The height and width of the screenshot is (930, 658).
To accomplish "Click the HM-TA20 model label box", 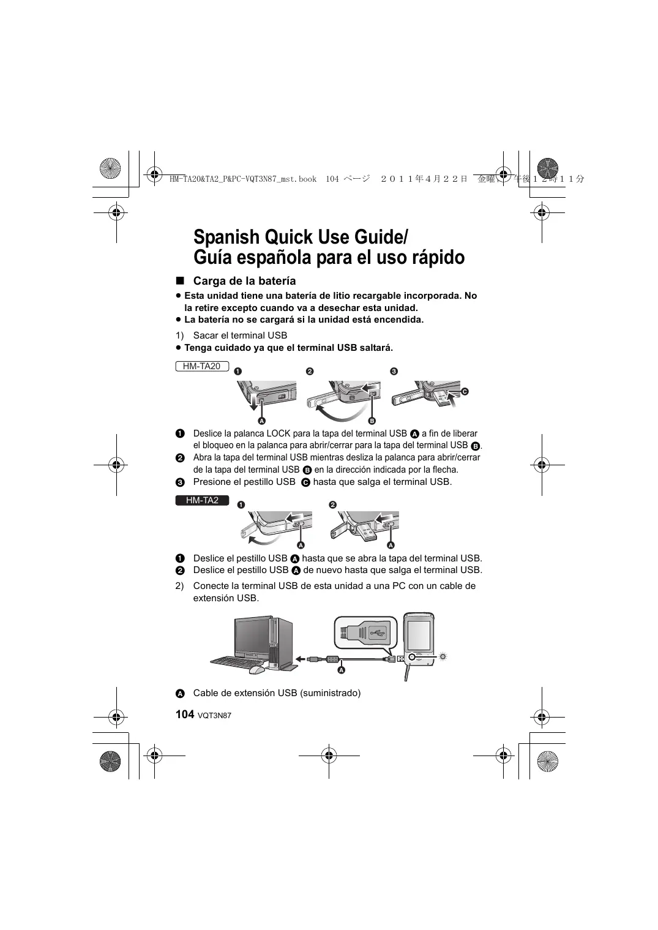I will coord(201,366).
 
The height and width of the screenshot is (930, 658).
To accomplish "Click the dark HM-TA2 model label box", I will coord(202,500).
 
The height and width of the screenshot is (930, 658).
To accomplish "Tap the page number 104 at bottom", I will coord(184,714).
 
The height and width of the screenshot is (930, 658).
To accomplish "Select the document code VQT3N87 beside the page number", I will coord(214,716).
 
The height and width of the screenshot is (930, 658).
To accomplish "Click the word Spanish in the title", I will coord(227,236).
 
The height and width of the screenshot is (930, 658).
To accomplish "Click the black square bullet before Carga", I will coord(179,280).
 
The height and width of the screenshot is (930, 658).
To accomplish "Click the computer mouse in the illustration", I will coord(257,670).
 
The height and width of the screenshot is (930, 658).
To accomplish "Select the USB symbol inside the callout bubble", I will coord(375,631).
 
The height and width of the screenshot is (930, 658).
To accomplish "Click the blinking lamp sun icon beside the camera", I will coord(443,656).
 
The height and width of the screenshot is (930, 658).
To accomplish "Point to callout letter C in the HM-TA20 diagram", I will coord(465,391).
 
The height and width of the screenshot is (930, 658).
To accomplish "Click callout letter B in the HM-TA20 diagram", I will coord(372,421).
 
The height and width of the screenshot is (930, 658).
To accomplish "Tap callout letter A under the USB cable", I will coord(342,670).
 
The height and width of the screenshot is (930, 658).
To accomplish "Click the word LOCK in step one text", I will coord(279,433).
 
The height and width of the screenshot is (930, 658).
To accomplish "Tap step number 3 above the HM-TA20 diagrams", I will coord(394,371).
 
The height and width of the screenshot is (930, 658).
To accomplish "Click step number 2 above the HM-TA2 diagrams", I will coord(332,504).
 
